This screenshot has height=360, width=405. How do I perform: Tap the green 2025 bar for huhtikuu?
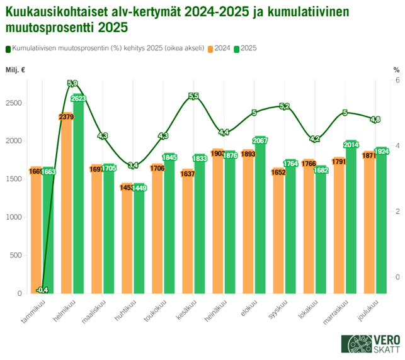pos(139,239)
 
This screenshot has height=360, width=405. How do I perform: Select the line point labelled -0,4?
pos(43,290)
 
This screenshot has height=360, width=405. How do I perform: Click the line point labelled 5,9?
pos(72,83)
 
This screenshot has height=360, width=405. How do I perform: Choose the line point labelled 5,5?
pos(193,96)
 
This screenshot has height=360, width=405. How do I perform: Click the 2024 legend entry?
pos(220,48)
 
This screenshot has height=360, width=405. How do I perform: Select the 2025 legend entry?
pos(246,48)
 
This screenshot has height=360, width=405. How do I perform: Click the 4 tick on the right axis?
pos(396,146)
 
